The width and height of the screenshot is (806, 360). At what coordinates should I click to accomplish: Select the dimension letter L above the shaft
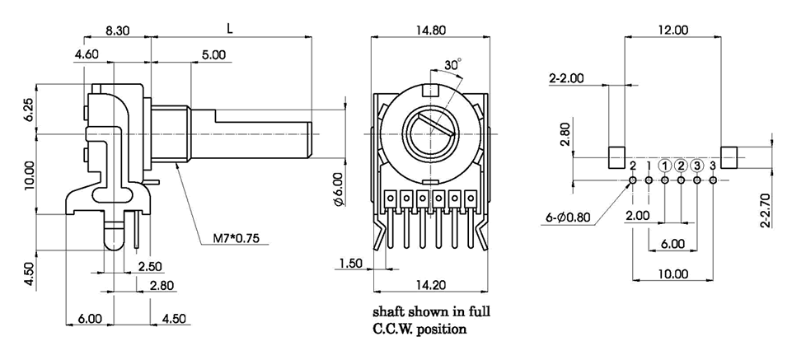pyautogui.click(x=231, y=27)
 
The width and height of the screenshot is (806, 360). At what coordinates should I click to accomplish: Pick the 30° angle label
pyautogui.click(x=452, y=63)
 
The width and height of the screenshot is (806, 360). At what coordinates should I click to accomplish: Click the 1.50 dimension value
pyautogui.click(x=350, y=263)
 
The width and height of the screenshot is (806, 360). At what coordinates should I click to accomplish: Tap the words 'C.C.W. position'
pyautogui.click(x=420, y=329)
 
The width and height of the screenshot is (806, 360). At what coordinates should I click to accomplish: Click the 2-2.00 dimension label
pyautogui.click(x=566, y=78)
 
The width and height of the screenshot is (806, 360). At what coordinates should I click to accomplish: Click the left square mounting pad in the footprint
pyautogui.click(x=616, y=157)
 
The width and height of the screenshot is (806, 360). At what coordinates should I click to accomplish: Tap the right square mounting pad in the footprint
pyautogui.click(x=730, y=157)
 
